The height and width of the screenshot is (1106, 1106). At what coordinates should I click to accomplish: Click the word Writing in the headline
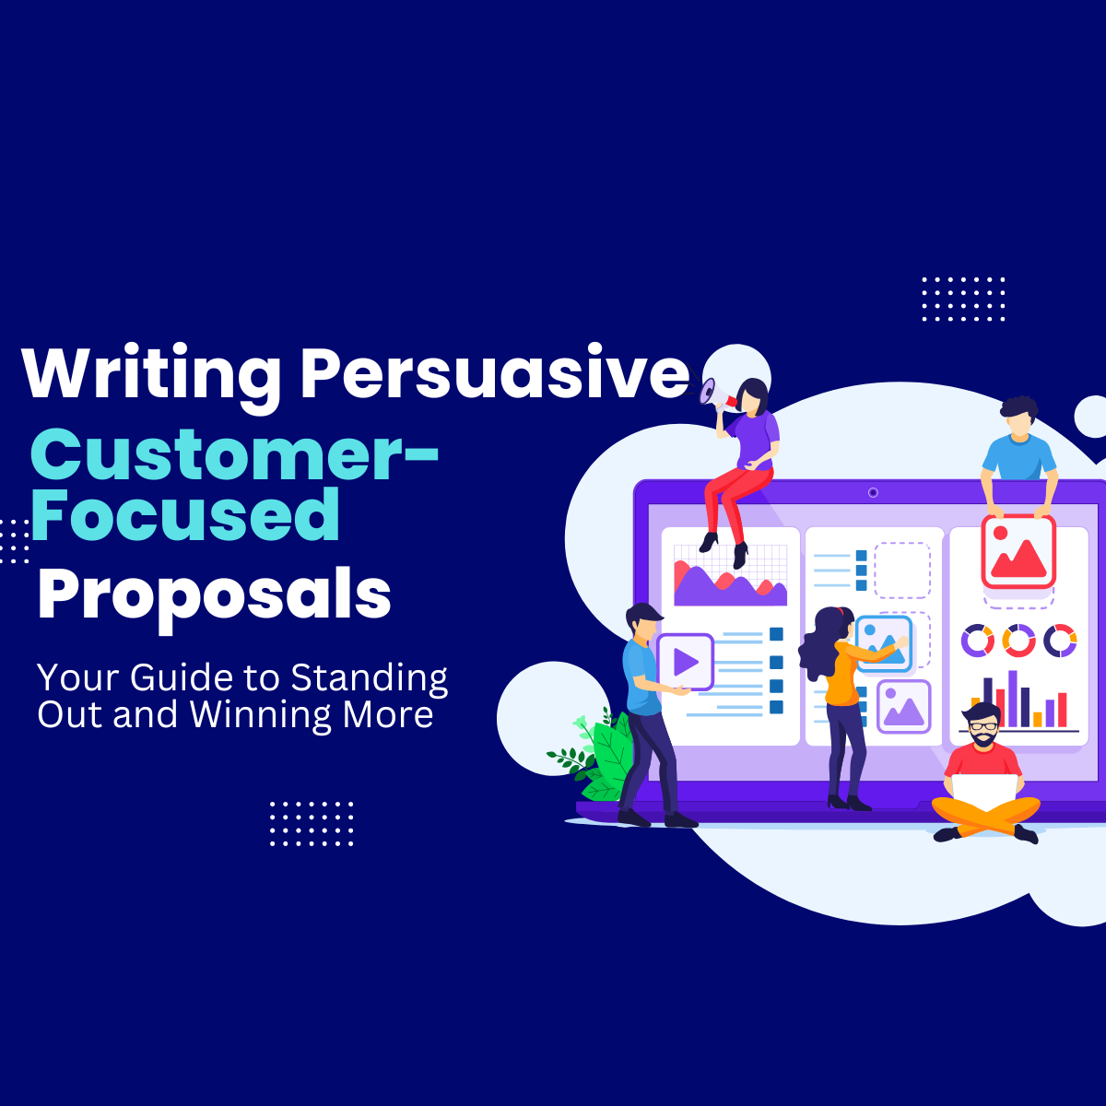click(x=150, y=374)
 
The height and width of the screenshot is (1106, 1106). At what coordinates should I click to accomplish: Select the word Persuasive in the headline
click(x=494, y=372)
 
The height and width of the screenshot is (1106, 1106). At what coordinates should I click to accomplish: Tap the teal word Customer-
click(x=234, y=454)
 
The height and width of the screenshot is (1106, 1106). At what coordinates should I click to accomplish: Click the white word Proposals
click(x=214, y=595)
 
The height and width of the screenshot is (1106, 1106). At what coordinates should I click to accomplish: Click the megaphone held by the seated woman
click(x=712, y=393)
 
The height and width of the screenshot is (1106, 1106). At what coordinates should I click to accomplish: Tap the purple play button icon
click(x=685, y=661)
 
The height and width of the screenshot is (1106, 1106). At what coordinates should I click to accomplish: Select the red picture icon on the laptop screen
click(x=1018, y=551)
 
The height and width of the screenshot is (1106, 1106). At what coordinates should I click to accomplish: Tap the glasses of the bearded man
click(x=983, y=726)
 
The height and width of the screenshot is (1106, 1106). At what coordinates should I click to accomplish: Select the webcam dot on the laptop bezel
click(x=873, y=492)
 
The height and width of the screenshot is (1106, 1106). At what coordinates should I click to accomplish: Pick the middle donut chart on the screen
click(x=1018, y=640)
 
